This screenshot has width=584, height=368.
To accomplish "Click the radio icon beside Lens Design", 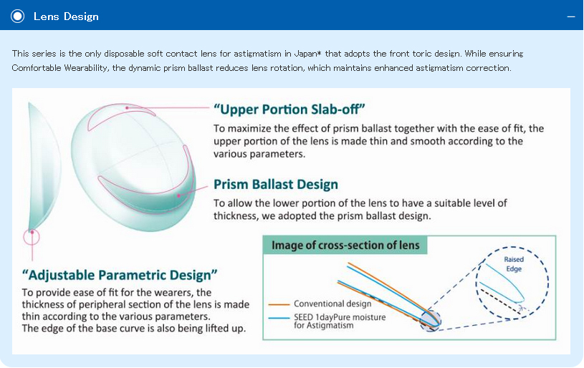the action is tap(17, 16).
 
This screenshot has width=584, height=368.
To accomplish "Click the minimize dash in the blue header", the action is tap(571, 16).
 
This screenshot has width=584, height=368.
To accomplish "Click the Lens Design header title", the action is tap(66, 16).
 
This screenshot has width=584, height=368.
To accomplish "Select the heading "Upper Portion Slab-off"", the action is tap(289, 110).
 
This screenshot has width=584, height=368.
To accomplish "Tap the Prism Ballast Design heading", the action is tap(276, 184).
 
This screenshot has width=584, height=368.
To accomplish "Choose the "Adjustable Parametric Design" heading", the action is tap(120, 275).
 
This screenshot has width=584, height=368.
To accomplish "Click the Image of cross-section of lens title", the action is tap(345, 245).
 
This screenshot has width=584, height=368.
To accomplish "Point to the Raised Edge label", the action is tap(514, 264).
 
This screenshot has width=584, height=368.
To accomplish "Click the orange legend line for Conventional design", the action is tap(279, 304).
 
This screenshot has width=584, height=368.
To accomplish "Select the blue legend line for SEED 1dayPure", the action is tap(279, 318).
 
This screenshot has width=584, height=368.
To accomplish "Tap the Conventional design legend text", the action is tap(332, 304).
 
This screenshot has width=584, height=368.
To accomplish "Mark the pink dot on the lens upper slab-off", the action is tap(127, 107).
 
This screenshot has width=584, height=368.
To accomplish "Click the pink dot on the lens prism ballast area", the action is tap(178, 195).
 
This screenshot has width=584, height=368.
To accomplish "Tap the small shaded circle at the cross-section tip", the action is tap(431, 320).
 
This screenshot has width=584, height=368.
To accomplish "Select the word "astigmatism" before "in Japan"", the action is tap(257, 54).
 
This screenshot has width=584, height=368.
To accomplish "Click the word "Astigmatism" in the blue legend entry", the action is tap(329, 326).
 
